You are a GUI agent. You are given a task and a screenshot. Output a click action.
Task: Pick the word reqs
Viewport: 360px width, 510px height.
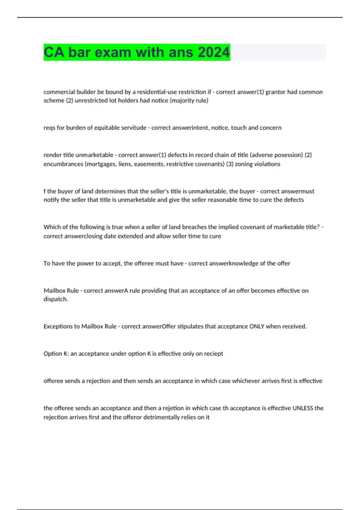[49, 128]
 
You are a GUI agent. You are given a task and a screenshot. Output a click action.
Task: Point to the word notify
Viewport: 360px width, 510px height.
[51, 200]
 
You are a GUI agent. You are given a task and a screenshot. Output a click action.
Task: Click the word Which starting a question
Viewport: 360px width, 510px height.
[52, 227]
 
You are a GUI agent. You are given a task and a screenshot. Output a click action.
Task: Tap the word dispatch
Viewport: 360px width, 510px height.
[55, 299]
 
